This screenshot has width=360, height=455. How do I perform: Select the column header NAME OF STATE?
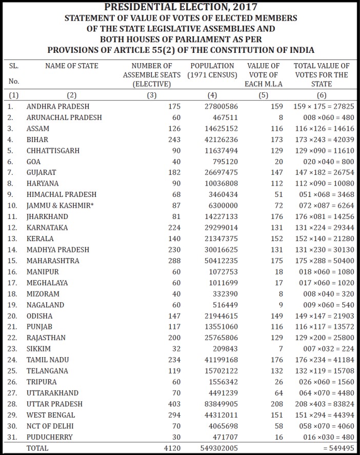click(x=72, y=66)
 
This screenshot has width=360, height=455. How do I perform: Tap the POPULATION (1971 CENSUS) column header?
click(x=212, y=70)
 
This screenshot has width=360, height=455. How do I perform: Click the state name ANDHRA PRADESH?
click(x=58, y=107)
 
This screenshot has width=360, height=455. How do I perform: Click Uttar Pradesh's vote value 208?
click(x=276, y=404)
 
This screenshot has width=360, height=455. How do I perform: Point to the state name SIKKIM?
click(x=39, y=349)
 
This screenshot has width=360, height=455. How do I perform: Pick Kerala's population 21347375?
click(x=219, y=239)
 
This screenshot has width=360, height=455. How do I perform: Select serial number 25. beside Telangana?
click(x=12, y=371)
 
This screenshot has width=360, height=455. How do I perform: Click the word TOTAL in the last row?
click(x=37, y=448)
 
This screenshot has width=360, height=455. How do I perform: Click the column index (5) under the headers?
click(x=264, y=95)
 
